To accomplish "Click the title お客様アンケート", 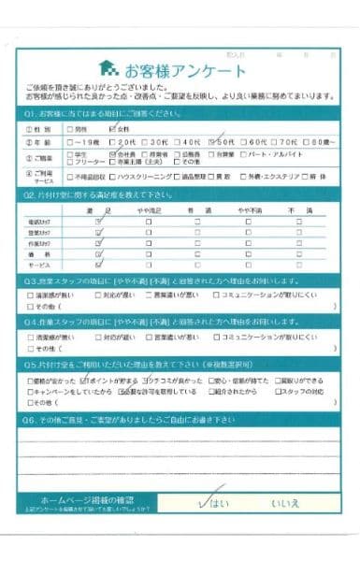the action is point(185,70).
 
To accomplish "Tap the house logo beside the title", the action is point(109,69).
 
